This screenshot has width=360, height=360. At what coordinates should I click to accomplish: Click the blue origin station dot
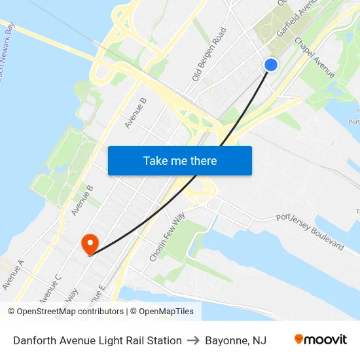pos(270,64)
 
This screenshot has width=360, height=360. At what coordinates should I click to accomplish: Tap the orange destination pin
pos(90,244)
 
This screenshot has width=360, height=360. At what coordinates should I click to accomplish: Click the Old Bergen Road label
pos(209,54)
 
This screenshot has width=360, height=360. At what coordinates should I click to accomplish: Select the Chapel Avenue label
pos(315,58)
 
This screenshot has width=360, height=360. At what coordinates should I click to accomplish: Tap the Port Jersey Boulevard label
pos(310,231)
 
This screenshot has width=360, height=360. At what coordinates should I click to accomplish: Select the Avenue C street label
pos(50,288)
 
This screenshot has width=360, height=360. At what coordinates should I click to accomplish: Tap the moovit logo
pos(321,340)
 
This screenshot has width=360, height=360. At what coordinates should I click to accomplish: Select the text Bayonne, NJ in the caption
pos(236,340)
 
